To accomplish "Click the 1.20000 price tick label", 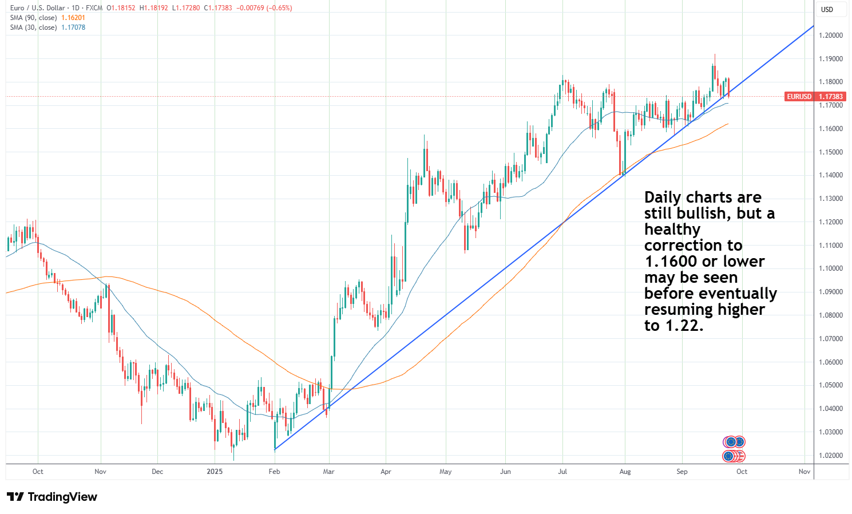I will [x=831, y=35].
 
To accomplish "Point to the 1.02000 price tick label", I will [x=831, y=456].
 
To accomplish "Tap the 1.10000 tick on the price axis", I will [x=831, y=268].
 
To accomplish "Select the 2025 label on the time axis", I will [x=215, y=472].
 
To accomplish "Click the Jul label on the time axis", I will [x=562, y=472].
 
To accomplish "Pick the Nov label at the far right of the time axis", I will [x=804, y=472].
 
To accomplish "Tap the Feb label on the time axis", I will [x=275, y=472].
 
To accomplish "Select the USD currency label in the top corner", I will [x=827, y=10].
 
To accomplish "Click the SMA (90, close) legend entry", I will [x=33, y=18].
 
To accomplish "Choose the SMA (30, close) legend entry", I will [x=33, y=27].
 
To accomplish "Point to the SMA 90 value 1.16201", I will [x=73, y=18].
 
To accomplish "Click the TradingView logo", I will [x=52, y=497].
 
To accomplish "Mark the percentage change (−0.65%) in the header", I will [x=279, y=8].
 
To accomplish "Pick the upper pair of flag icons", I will [x=734, y=442].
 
